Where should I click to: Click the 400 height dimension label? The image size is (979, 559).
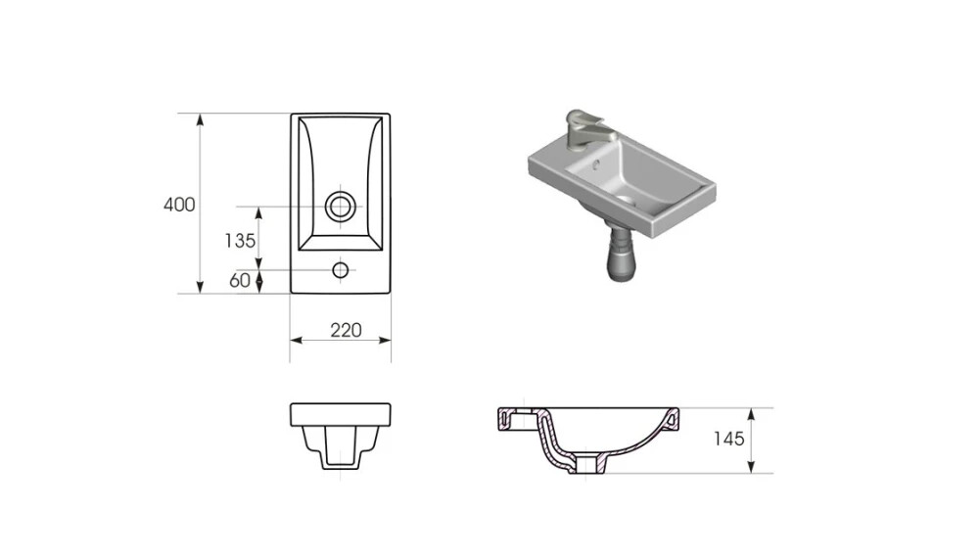click(179, 205)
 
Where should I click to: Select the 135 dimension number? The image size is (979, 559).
click(241, 241)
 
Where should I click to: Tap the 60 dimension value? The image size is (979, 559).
click(240, 280)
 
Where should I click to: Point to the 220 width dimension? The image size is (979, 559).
click(346, 330)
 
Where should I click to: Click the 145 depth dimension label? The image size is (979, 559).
click(729, 439)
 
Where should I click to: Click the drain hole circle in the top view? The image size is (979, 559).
click(341, 207)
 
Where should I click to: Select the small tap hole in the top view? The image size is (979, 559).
click(341, 270)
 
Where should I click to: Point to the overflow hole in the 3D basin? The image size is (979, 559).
click(596, 164)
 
